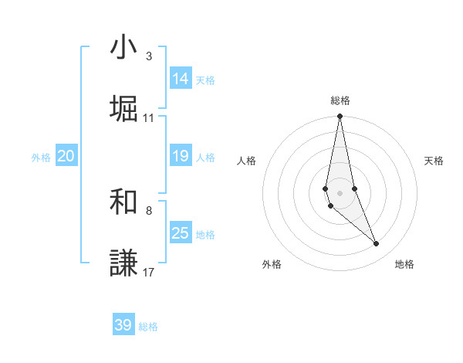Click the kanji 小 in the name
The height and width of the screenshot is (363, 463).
click(123, 49)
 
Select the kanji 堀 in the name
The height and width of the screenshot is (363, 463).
click(123, 109)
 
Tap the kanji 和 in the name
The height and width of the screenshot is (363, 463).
click(123, 203)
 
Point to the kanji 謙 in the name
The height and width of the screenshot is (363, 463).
click(123, 263)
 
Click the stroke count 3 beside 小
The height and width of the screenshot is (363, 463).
click(149, 56)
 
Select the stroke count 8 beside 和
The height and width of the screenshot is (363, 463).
click(149, 210)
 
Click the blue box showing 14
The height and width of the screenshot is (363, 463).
click(181, 79)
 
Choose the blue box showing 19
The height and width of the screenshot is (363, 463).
click(181, 156)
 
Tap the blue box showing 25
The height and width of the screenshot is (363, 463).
click(181, 233)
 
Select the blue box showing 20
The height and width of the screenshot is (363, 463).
click(66, 156)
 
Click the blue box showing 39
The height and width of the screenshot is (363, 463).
click(123, 325)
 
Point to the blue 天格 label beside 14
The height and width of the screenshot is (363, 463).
click(205, 80)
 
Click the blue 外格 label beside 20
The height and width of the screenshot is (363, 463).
click(41, 158)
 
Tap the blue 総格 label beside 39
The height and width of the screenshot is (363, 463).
click(148, 327)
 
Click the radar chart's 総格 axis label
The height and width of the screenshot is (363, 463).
click(340, 100)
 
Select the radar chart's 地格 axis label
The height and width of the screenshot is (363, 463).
click(404, 264)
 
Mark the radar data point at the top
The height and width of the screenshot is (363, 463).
click(340, 117)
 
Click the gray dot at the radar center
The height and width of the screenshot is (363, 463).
click(340, 192)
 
